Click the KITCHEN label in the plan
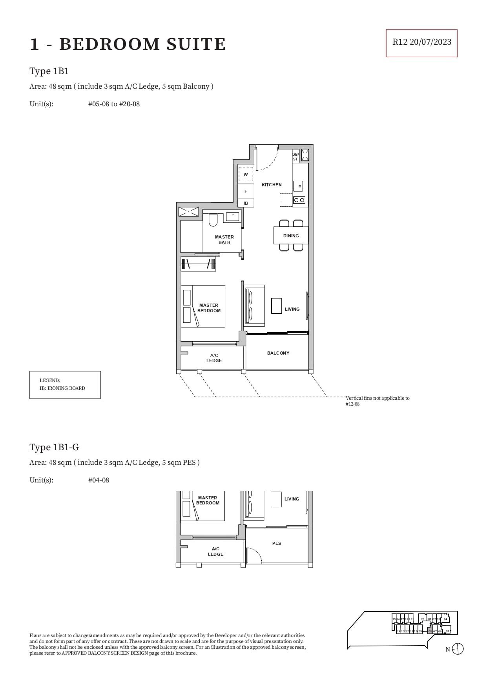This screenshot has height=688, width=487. [272, 185]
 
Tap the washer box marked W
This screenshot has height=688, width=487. [246, 174]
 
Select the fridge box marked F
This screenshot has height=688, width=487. [246, 191]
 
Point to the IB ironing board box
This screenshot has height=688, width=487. [246, 203]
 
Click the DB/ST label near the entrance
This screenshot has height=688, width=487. [295, 157]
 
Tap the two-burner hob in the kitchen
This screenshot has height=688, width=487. [299, 200]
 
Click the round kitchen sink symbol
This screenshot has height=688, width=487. [298, 186]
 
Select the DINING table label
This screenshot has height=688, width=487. [291, 236]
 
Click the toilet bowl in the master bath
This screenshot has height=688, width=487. [213, 220]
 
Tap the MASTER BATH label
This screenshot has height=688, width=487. [224, 240]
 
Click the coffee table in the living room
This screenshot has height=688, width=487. [277, 306]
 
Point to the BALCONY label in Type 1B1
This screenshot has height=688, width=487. [278, 353]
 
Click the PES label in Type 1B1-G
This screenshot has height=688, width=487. [277, 543]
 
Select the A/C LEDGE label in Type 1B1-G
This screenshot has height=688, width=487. [215, 551]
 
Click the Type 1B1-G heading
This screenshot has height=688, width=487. [54, 447]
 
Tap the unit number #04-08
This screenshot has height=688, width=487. [98, 480]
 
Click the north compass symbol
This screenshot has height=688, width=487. [458, 649]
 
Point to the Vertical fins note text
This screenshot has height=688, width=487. [377, 400]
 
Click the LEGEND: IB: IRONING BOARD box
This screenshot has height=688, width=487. [65, 385]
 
